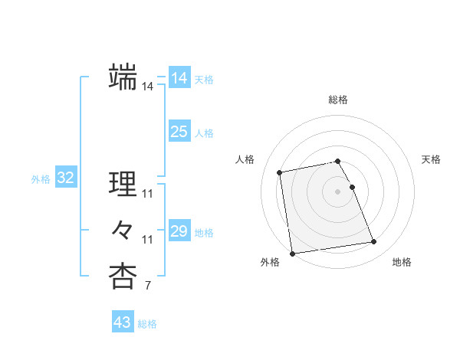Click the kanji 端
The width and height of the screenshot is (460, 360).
click(x=122, y=77)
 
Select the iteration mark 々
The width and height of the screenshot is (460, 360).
click(x=122, y=229)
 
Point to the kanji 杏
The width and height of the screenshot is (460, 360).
click(x=122, y=277)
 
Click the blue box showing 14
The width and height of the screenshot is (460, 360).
click(x=179, y=78)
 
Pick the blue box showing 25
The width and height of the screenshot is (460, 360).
click(x=179, y=132)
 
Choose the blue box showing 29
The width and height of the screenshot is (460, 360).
click(x=179, y=231)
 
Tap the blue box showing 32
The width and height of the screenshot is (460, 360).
click(x=65, y=178)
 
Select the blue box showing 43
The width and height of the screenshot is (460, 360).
click(x=122, y=322)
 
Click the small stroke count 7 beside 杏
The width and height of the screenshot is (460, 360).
click(x=147, y=286)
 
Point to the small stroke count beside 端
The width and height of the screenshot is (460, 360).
click(x=147, y=87)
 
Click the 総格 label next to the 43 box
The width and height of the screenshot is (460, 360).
click(x=147, y=324)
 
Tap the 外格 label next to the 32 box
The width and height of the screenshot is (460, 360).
click(x=41, y=179)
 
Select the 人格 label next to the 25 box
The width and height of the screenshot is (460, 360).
click(x=204, y=133)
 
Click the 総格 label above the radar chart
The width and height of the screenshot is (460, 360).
click(x=338, y=100)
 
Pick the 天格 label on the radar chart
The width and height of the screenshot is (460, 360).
click(x=431, y=159)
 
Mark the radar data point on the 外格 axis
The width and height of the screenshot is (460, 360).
click(x=292, y=254)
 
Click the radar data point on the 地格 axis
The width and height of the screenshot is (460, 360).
click(x=374, y=242)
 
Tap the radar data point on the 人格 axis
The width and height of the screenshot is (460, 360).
click(x=281, y=172)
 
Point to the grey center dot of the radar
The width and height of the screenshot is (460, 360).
click(x=338, y=191)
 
